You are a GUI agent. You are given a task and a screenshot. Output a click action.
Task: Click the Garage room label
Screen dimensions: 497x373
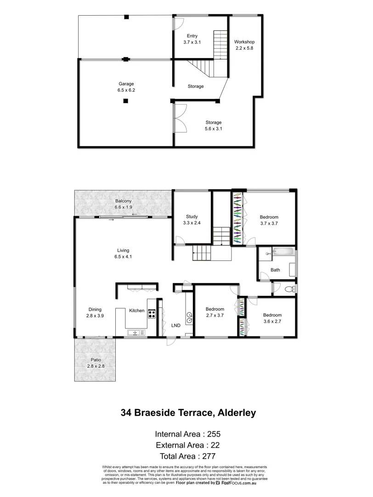[x=126, y=84]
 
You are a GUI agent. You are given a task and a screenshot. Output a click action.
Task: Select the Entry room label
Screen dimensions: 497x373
[x=192, y=36]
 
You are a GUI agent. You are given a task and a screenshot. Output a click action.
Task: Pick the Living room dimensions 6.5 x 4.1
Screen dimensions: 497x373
[x=123, y=257]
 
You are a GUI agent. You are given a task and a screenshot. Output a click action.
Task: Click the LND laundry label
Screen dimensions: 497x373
[x=175, y=325]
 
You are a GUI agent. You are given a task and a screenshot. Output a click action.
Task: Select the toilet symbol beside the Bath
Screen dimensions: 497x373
[x=289, y=289]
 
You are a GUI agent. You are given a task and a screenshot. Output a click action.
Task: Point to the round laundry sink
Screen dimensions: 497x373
[x=188, y=316]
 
